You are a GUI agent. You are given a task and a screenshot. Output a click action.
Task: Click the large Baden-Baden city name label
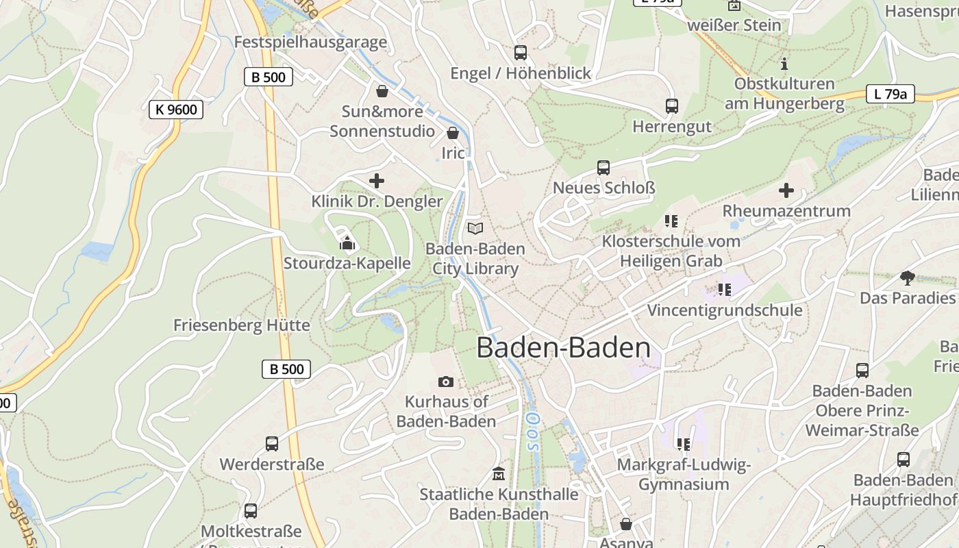coord(563,347)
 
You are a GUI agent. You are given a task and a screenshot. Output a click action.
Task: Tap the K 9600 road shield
coord(176,109)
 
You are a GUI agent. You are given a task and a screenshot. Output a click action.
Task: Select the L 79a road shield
coord(890,94)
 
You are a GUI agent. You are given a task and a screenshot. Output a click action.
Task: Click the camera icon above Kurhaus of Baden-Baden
coord(446,382)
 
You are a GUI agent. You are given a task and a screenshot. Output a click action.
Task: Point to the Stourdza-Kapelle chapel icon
coord(347,243)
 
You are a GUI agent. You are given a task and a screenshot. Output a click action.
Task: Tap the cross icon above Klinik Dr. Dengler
coord(377,181)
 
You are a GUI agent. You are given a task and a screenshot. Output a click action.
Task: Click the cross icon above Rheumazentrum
coord(786,190)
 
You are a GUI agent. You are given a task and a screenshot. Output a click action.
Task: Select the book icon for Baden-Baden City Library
coord(475,228)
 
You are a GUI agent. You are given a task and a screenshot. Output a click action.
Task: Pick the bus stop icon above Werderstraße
coord(272,444)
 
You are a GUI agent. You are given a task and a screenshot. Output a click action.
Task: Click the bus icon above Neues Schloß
coord(603,168)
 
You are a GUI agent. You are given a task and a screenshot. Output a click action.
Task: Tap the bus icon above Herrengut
coord(672,106)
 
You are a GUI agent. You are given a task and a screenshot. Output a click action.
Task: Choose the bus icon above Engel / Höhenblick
coord(521,53)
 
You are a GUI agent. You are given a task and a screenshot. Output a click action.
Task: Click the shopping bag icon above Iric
coord(453,133)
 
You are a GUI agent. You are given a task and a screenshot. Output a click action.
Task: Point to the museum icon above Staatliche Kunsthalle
coord(499,473)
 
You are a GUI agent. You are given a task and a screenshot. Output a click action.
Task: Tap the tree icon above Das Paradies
coord(908,277)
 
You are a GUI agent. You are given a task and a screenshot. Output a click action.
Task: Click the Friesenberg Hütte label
coord(242,325)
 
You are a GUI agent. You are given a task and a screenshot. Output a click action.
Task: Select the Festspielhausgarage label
coord(310,42)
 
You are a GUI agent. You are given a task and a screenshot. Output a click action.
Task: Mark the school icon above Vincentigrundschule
coord(724,290)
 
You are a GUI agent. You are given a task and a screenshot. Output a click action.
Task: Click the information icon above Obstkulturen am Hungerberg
coord(784,64)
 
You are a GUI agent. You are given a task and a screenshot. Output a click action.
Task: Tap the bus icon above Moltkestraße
coord(251,511)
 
